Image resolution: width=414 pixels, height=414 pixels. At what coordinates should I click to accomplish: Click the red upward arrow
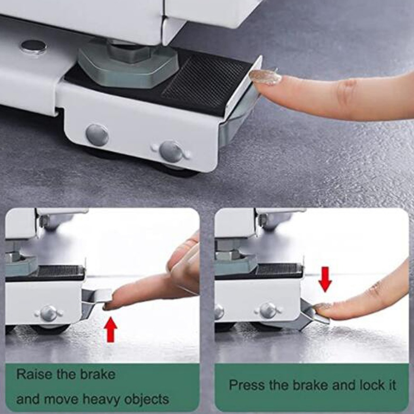(x=110, y=330)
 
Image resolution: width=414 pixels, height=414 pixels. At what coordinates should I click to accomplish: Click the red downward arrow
(x=325, y=279)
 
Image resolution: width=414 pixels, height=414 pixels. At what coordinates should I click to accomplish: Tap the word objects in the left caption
(x=146, y=399)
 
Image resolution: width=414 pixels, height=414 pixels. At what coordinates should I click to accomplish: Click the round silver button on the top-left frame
(x=34, y=47)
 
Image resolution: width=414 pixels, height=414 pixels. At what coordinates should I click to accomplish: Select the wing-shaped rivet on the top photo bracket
(x=171, y=152)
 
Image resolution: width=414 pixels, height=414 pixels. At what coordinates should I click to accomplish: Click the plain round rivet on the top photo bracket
(x=97, y=135)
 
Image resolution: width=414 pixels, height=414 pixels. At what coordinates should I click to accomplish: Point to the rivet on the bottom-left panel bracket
(x=49, y=313)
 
